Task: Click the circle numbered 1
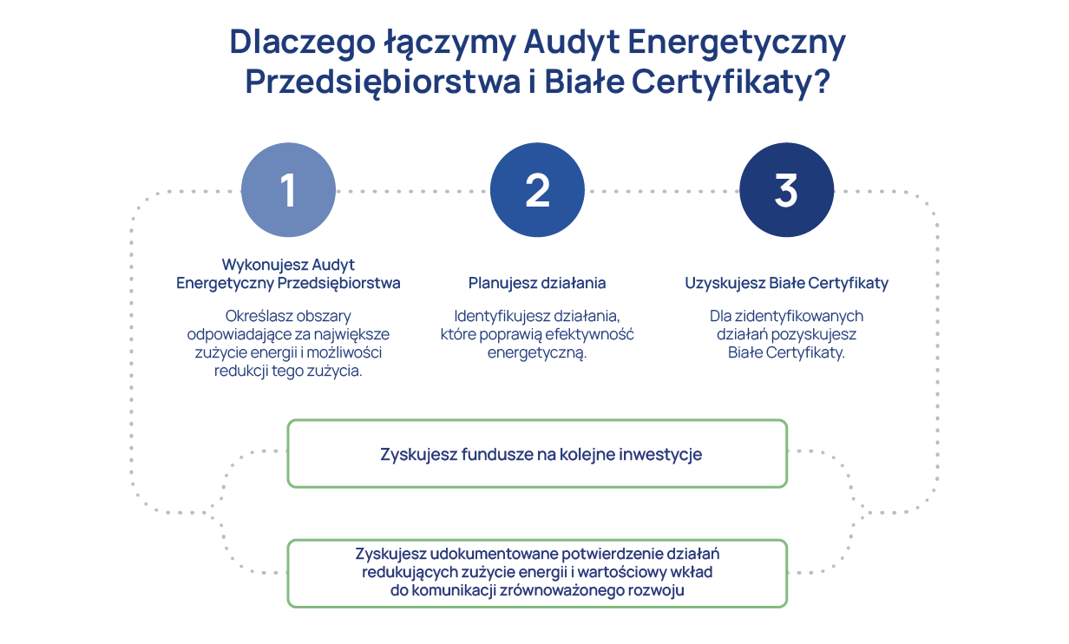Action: click(288, 190)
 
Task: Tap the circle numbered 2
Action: click(537, 190)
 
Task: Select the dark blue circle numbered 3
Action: click(786, 190)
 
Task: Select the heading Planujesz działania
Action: click(537, 283)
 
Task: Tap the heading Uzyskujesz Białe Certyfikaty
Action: click(786, 283)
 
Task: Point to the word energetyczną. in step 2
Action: click(537, 353)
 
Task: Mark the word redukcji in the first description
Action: click(236, 371)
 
